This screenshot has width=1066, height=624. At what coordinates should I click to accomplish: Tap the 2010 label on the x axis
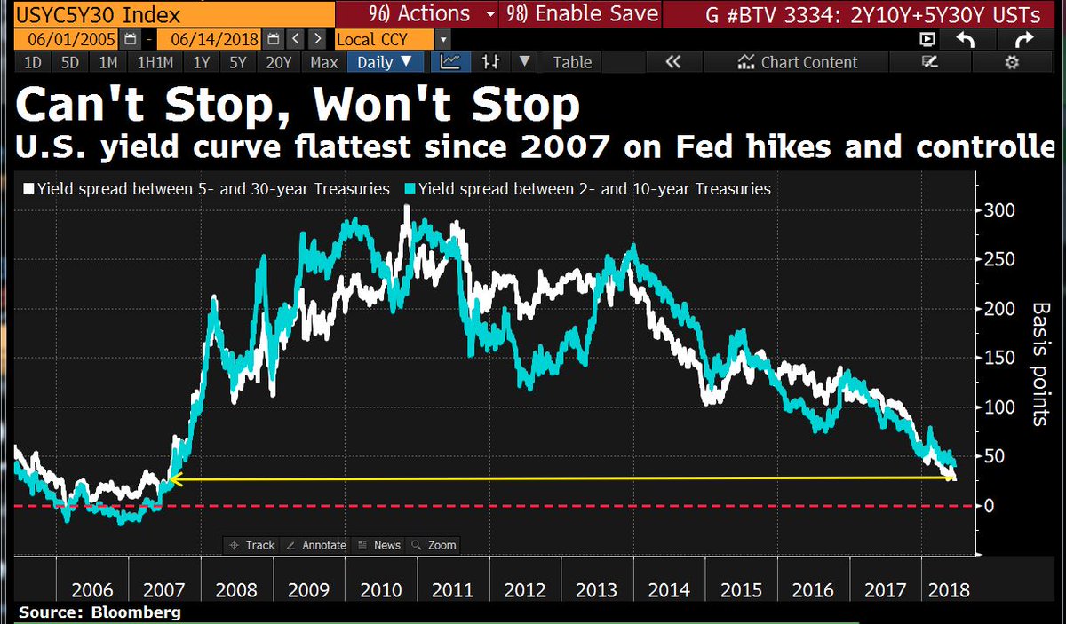coord(382,589)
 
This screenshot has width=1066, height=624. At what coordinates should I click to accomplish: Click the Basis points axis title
coord(1039,363)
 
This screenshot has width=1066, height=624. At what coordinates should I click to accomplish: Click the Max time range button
coord(323,62)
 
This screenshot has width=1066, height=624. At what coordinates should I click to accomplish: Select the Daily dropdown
coord(384,62)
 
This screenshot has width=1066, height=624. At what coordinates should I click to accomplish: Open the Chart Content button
coord(799,62)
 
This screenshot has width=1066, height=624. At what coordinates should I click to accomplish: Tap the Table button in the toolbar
coord(572,62)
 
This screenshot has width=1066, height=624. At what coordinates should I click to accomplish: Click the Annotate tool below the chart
coord(317,545)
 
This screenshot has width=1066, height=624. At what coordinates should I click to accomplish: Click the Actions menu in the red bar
coord(423,14)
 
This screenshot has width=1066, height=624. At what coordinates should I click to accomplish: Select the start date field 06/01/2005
coord(59,40)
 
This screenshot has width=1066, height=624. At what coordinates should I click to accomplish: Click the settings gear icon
coord(1011,62)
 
